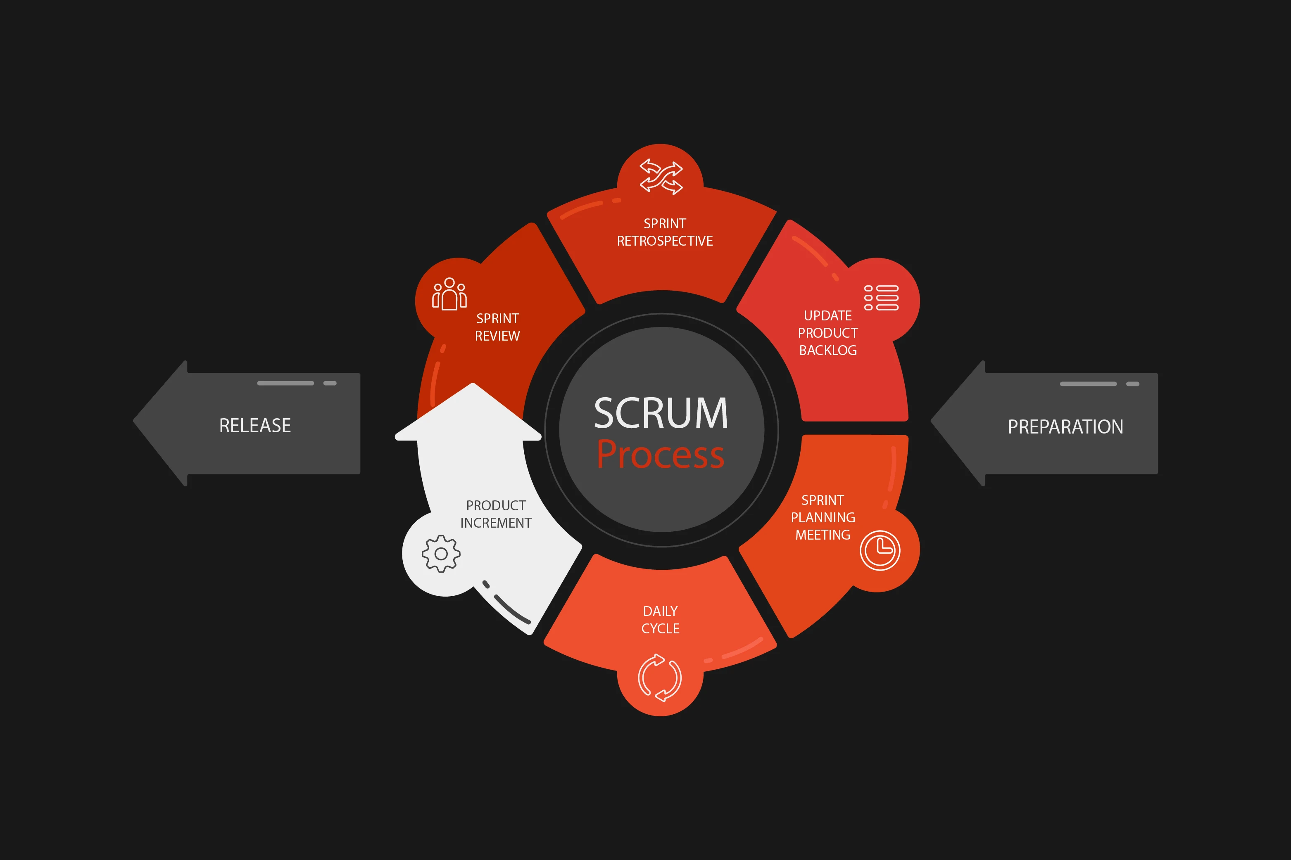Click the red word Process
tap(661, 454)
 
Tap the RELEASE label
tap(255, 426)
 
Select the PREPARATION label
tap(1065, 427)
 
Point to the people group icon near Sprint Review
tap(449, 294)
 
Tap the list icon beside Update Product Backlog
tap(881, 298)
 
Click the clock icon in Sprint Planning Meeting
tap(880, 550)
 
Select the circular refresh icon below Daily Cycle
tap(660, 678)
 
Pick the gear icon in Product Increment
tap(441, 554)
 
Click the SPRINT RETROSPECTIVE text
tap(665, 232)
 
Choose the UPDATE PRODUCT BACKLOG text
tap(828, 333)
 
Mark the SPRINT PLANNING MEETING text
tap(823, 517)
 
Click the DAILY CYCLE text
tap(661, 620)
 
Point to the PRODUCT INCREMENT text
tap(496, 514)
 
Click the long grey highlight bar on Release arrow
tap(285, 383)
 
